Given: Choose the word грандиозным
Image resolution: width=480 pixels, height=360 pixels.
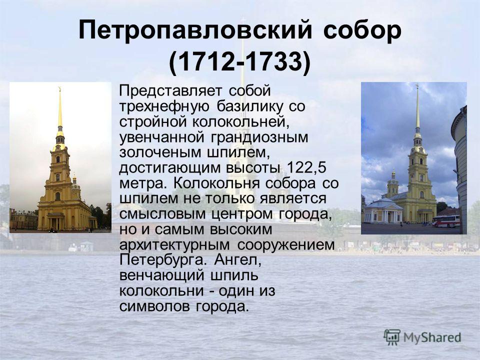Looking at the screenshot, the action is tap(259, 137).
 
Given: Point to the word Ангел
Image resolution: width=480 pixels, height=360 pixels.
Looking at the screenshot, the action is tap(237, 260).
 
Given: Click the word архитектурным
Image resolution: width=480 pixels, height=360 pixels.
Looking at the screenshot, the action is tap(174, 245).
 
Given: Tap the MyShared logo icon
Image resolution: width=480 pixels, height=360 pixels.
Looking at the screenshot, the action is tap(392, 337).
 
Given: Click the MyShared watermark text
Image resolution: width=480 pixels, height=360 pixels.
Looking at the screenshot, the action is tap(432, 337).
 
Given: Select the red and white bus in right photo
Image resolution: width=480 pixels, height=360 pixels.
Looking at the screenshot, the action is tap(446, 220).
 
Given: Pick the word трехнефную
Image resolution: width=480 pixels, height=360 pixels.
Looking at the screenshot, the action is tap(164, 106).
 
